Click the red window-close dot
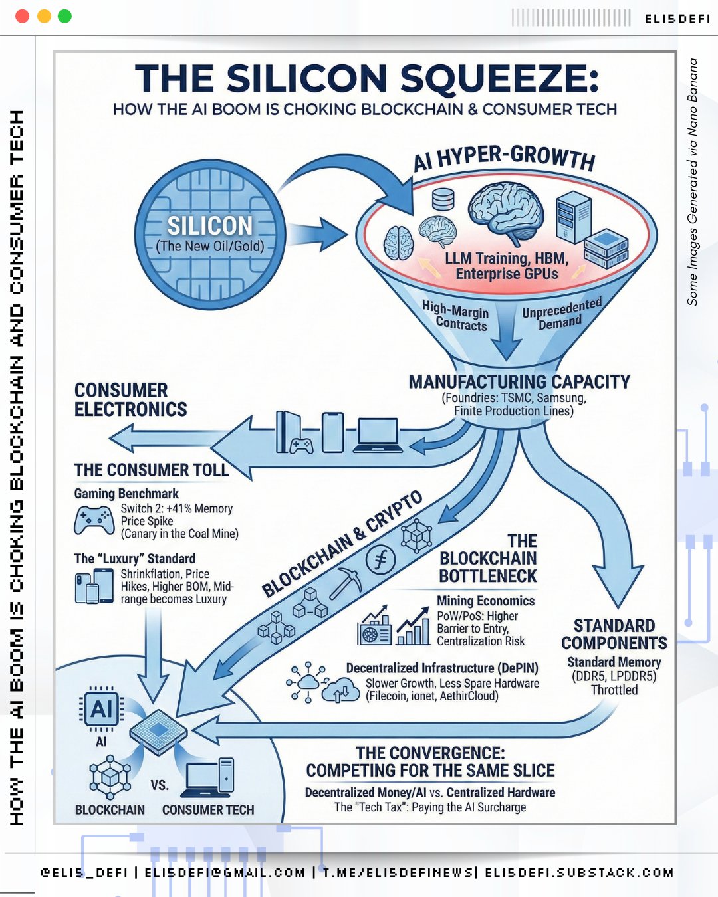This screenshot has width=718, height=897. click(22, 16)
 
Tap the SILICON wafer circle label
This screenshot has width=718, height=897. click(210, 226)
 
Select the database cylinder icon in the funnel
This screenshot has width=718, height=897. click(443, 199)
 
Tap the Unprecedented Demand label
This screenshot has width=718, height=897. click(561, 314)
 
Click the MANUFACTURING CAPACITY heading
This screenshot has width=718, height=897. click(519, 382)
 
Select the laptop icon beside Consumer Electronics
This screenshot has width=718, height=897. click(378, 435)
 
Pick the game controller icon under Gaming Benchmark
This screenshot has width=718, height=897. click(94, 520)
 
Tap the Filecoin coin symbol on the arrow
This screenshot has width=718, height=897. click(381, 560)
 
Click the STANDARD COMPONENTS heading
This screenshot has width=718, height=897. click(614, 635)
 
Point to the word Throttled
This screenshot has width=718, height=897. click(614, 690)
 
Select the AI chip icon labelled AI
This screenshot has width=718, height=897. click(101, 709)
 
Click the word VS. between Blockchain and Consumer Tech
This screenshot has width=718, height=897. click(160, 785)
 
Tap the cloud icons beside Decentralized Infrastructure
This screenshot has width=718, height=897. click(320, 684)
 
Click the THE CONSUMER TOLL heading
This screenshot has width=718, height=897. click(152, 470)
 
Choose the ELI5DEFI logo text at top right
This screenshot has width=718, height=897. click(677, 19)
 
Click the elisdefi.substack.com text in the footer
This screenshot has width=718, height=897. click(579, 872)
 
